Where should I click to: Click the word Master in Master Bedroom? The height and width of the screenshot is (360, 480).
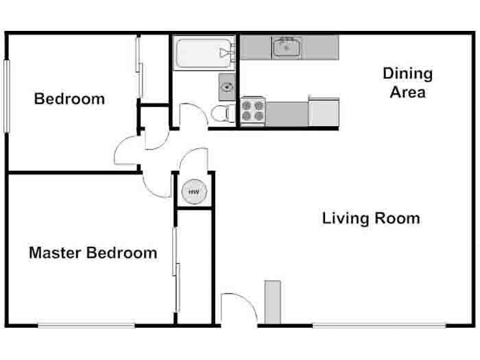(x=56, y=253)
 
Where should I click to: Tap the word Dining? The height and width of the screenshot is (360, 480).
(x=407, y=73)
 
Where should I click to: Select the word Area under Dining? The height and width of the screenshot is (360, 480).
(x=407, y=92)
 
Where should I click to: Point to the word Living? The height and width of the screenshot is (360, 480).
(x=345, y=219)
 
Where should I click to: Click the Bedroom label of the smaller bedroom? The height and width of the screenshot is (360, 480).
(x=69, y=99)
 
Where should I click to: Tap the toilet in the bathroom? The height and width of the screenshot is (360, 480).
(x=220, y=113)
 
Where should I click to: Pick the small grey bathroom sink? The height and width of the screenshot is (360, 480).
(x=228, y=86)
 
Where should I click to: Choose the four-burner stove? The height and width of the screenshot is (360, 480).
(x=252, y=111)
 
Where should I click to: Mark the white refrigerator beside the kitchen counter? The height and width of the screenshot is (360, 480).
(x=324, y=112)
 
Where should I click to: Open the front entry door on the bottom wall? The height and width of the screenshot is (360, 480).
(x=237, y=309)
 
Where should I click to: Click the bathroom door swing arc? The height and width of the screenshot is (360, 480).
(x=189, y=113)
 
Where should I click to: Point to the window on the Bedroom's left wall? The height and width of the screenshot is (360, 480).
(x=7, y=96)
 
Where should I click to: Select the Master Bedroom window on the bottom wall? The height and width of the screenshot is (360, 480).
(x=84, y=325)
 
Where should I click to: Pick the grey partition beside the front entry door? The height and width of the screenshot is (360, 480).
(x=272, y=302)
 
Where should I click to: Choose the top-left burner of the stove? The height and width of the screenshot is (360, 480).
(x=248, y=106)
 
